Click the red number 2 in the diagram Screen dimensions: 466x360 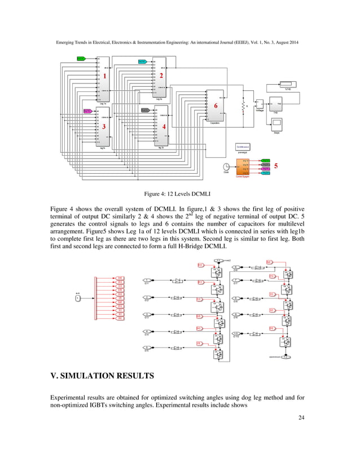[161, 75]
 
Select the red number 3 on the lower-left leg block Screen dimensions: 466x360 [104, 126]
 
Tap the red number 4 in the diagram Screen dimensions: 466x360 [164, 127]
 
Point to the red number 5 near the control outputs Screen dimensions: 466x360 [276, 166]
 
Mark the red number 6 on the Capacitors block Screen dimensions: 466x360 [215, 105]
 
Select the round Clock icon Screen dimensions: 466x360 [226, 166]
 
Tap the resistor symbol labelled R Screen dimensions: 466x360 [243, 107]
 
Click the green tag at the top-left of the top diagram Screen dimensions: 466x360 [81, 59]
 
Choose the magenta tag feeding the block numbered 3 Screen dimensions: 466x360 [87, 111]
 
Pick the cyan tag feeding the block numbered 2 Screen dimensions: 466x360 [143, 61]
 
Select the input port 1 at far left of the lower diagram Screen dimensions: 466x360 [77, 298]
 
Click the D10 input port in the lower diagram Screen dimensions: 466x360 [236, 333]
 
